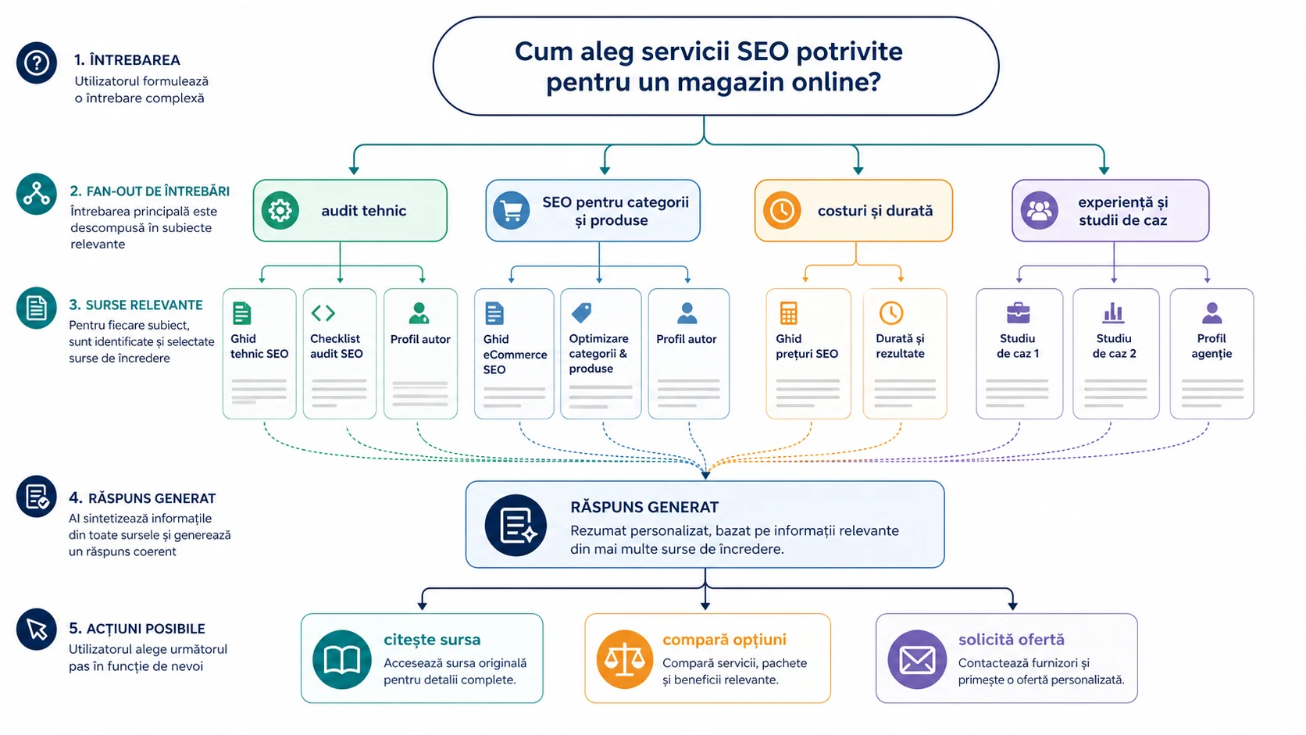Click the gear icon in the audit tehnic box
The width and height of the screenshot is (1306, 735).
[x=280, y=210]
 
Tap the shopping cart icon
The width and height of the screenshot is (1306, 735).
[x=512, y=210]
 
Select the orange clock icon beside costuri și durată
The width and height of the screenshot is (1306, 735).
[x=782, y=210]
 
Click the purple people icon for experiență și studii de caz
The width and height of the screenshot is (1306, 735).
[x=1039, y=210]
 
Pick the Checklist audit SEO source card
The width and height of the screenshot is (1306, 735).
[x=339, y=354]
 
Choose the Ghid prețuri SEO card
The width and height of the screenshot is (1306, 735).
[x=808, y=354]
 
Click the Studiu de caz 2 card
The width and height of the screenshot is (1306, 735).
[x=1116, y=354]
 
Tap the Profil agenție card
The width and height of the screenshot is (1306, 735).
[x=1211, y=354]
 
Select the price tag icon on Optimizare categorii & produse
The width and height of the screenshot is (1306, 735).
[x=581, y=313]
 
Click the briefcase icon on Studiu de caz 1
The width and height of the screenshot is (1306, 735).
[x=1018, y=313]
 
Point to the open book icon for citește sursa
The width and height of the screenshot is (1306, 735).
[x=341, y=659]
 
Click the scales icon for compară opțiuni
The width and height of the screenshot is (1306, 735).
[x=624, y=659]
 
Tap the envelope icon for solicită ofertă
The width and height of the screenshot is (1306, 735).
[x=917, y=659]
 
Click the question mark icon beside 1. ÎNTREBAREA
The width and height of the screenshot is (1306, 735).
[x=37, y=62]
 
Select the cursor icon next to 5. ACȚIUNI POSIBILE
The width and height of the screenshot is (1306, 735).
[x=37, y=630]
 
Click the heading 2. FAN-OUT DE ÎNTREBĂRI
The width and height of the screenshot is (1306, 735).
[x=150, y=191]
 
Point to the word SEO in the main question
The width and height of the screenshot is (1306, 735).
[x=762, y=52]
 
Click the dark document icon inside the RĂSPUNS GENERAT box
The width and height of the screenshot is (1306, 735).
[x=516, y=525]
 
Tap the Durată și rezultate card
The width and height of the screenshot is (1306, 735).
[x=905, y=354]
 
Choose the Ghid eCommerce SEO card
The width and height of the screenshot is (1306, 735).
[x=514, y=354]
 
